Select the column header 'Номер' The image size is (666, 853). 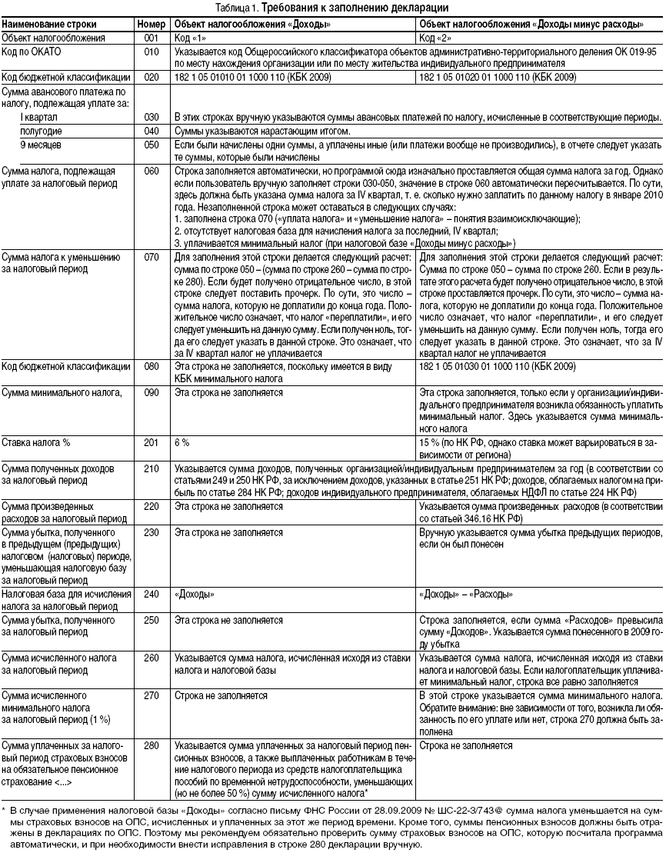pos(151,24)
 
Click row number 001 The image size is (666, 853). pos(151,37)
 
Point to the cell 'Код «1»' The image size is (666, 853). pos(190,37)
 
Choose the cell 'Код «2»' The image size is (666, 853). pos(435,37)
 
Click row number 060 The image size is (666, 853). pos(151,169)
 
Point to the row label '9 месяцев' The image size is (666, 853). pos(38,144)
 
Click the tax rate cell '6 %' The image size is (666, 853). pos(182,443)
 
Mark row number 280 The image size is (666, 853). pos(151,745)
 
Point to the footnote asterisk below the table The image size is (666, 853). pos(4,810)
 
